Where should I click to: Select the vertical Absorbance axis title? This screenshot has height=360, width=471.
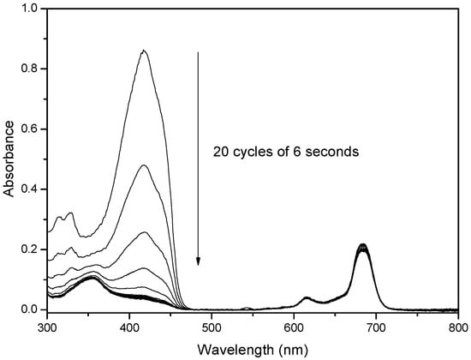[x=9, y=159]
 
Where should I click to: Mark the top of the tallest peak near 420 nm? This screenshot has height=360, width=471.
[x=144, y=51]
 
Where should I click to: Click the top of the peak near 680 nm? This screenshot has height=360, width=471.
[x=362, y=245]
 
